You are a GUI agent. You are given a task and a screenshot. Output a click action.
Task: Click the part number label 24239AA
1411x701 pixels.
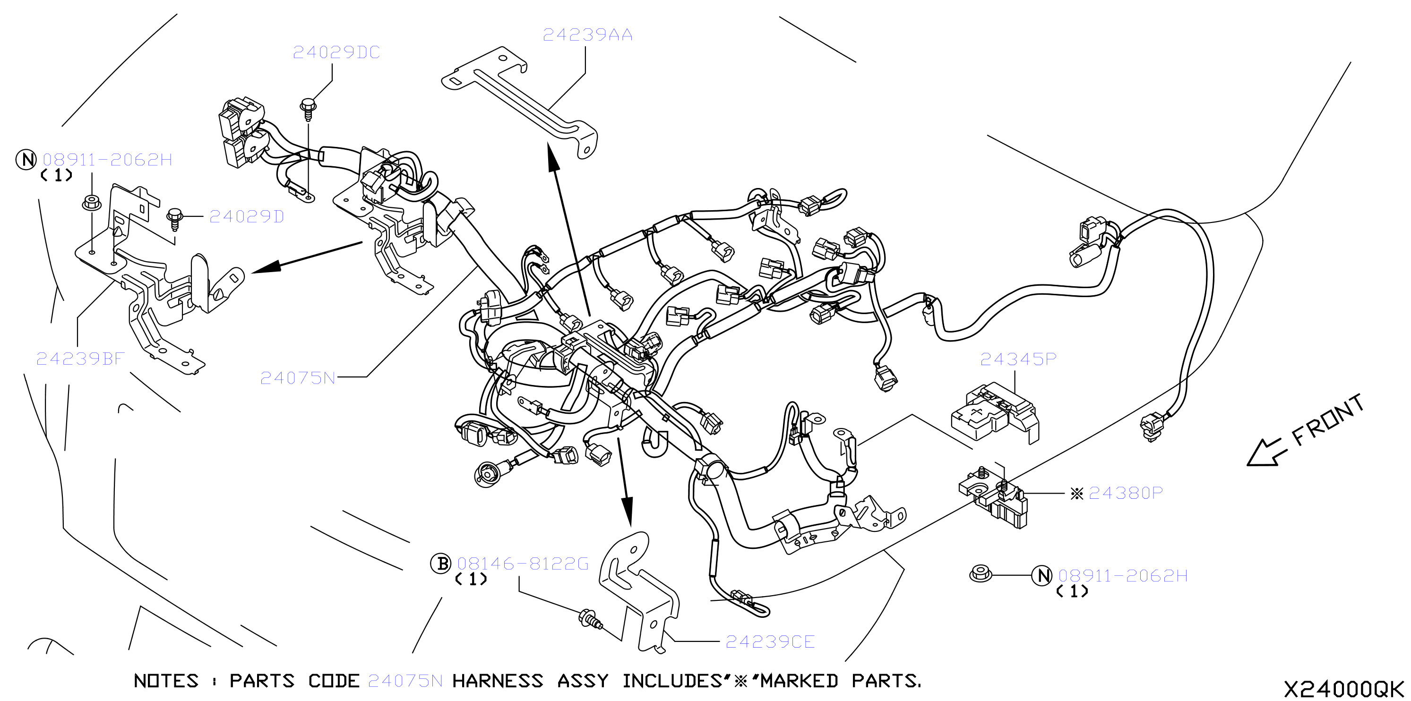(x=588, y=35)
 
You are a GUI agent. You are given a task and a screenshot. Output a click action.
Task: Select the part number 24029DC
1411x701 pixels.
(x=336, y=52)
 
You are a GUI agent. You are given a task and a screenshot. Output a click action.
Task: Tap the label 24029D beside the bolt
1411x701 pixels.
(x=247, y=217)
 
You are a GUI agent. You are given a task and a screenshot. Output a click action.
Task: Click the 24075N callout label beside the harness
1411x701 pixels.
(x=297, y=378)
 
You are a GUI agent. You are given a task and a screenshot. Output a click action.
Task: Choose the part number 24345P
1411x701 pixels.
(x=1018, y=359)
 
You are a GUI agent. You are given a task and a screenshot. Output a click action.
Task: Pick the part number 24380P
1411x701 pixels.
(x=1126, y=494)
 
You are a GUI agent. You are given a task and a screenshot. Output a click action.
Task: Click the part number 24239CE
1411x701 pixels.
(x=770, y=642)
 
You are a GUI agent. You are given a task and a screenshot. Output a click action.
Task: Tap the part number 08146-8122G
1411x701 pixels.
(x=523, y=564)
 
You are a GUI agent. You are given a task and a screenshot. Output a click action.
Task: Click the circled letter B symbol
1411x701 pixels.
(x=441, y=564)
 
